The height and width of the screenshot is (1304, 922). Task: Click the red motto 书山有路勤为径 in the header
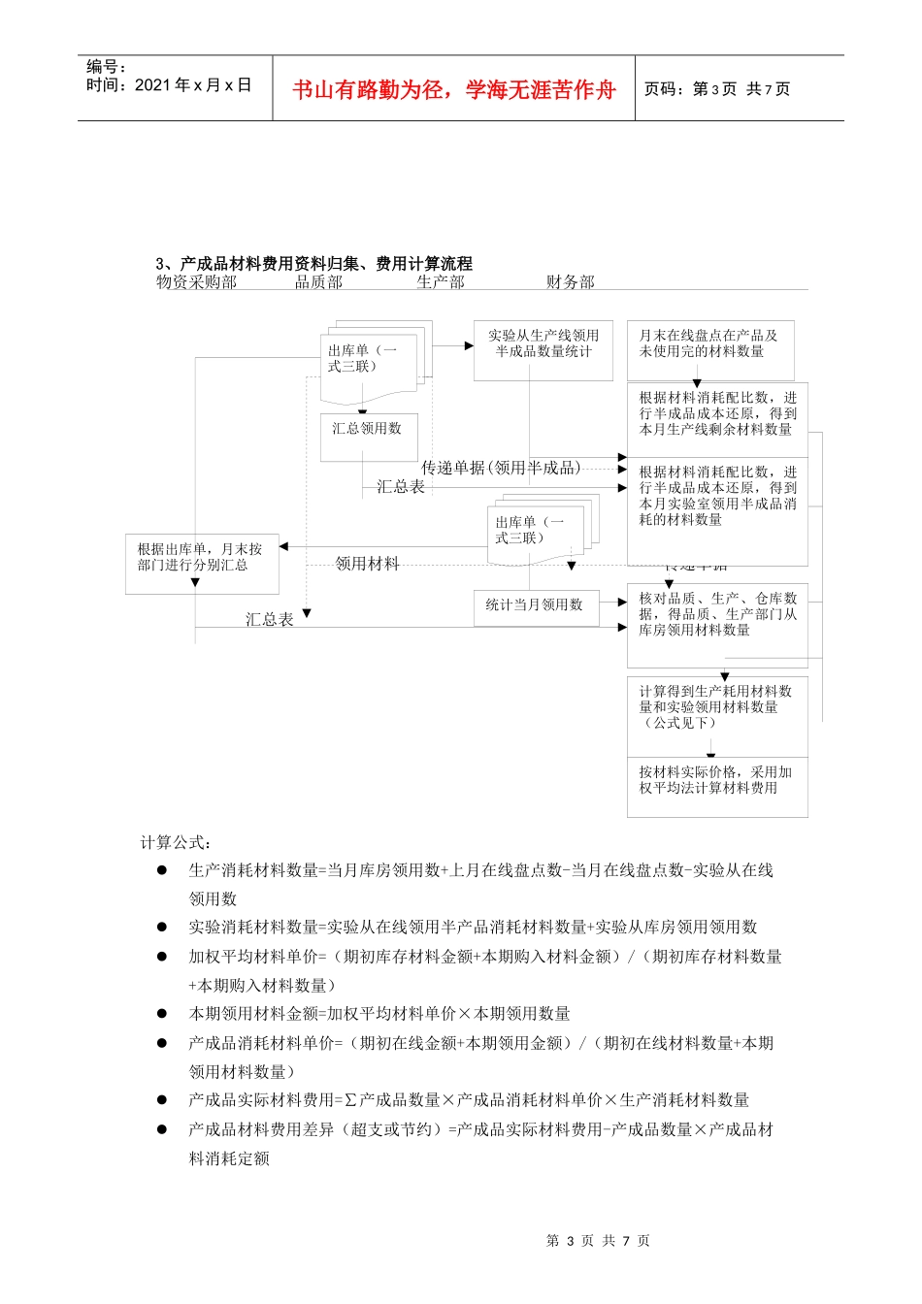click(454, 89)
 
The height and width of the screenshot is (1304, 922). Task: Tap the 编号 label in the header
click(107, 67)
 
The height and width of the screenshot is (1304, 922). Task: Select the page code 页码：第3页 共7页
click(717, 89)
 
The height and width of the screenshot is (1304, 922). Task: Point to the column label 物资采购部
click(197, 282)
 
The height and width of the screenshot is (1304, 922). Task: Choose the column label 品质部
click(319, 282)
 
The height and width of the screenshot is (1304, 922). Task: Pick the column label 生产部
click(441, 282)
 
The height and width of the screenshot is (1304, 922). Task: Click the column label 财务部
click(571, 282)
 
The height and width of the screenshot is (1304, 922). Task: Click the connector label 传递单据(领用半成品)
click(502, 468)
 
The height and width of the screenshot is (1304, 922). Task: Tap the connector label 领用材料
click(367, 564)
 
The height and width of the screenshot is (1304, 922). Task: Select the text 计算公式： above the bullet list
click(177, 842)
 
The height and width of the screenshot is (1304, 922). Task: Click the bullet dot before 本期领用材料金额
click(162, 1014)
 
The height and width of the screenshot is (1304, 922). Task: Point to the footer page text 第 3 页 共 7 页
click(598, 1240)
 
